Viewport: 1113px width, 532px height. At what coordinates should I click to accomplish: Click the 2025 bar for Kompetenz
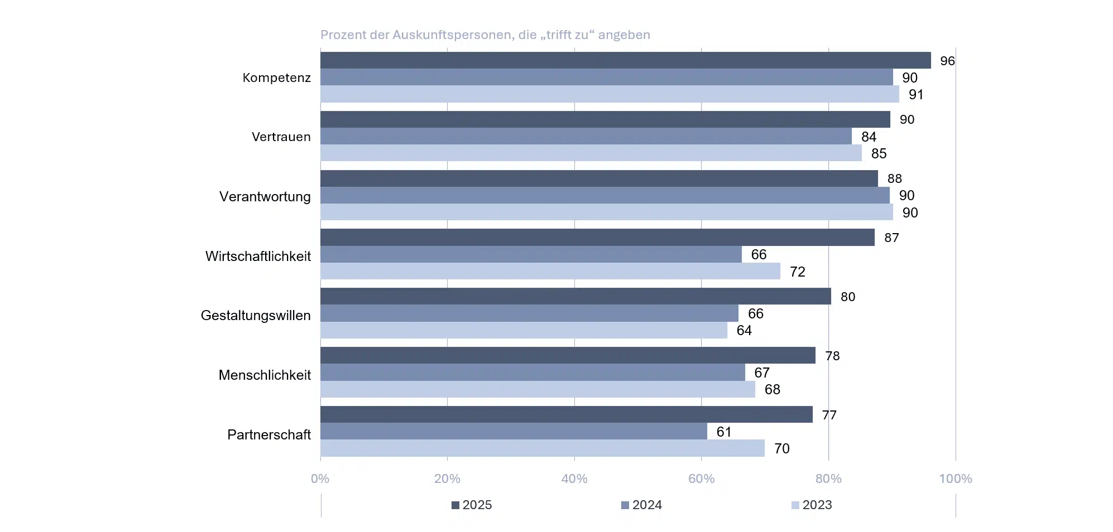click(625, 60)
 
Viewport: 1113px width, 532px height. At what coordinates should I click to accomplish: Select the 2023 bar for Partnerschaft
click(542, 448)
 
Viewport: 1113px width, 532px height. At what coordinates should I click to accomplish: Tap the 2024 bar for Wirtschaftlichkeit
click(531, 254)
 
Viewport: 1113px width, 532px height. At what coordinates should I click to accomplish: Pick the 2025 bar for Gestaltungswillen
click(575, 296)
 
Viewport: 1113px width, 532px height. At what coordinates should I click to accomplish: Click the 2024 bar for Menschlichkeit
click(532, 373)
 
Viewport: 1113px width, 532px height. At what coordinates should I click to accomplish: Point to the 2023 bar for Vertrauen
click(591, 153)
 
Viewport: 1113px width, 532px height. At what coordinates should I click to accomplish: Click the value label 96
click(947, 61)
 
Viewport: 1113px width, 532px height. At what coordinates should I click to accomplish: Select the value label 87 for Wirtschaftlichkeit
click(891, 238)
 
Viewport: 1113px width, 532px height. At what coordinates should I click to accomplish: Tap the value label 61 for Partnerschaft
click(723, 432)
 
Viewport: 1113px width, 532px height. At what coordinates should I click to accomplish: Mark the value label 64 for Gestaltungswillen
click(744, 331)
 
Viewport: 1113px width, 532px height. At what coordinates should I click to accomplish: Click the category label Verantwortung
click(265, 196)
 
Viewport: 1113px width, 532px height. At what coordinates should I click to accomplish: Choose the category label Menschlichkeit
click(265, 375)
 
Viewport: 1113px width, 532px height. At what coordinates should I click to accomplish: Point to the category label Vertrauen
click(281, 137)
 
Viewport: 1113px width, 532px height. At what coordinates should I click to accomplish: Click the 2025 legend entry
click(472, 505)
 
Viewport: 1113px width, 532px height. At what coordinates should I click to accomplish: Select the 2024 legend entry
click(641, 505)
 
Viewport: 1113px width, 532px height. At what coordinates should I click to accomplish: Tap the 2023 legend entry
click(812, 505)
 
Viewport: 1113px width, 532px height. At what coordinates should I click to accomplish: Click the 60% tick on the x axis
click(701, 478)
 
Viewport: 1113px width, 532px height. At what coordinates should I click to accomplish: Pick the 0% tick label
click(320, 478)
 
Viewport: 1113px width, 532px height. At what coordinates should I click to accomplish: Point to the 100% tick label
click(955, 478)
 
